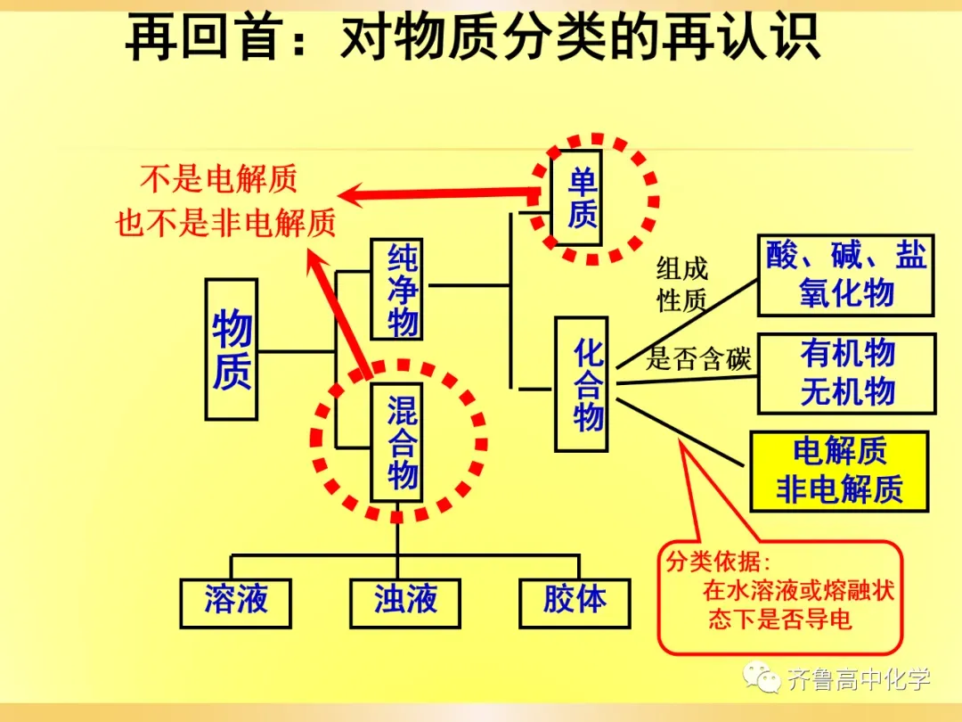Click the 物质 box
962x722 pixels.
point(232,349)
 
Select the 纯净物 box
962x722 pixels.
point(397,289)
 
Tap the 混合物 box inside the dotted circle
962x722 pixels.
point(397,442)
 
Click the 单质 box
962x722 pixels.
point(576,198)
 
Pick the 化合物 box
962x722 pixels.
point(582,384)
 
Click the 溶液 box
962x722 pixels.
point(235,603)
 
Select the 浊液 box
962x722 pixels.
point(405,603)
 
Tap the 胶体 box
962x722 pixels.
point(575,603)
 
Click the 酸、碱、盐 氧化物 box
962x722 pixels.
point(846,275)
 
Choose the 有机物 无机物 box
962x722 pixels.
point(847,373)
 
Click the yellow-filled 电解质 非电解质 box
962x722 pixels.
point(839,472)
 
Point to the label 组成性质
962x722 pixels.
point(681,284)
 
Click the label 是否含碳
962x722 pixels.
point(698,359)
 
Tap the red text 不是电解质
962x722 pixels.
point(218,178)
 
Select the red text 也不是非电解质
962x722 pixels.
point(225,222)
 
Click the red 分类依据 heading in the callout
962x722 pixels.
point(718,562)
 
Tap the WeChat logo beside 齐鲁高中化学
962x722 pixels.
point(762,677)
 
